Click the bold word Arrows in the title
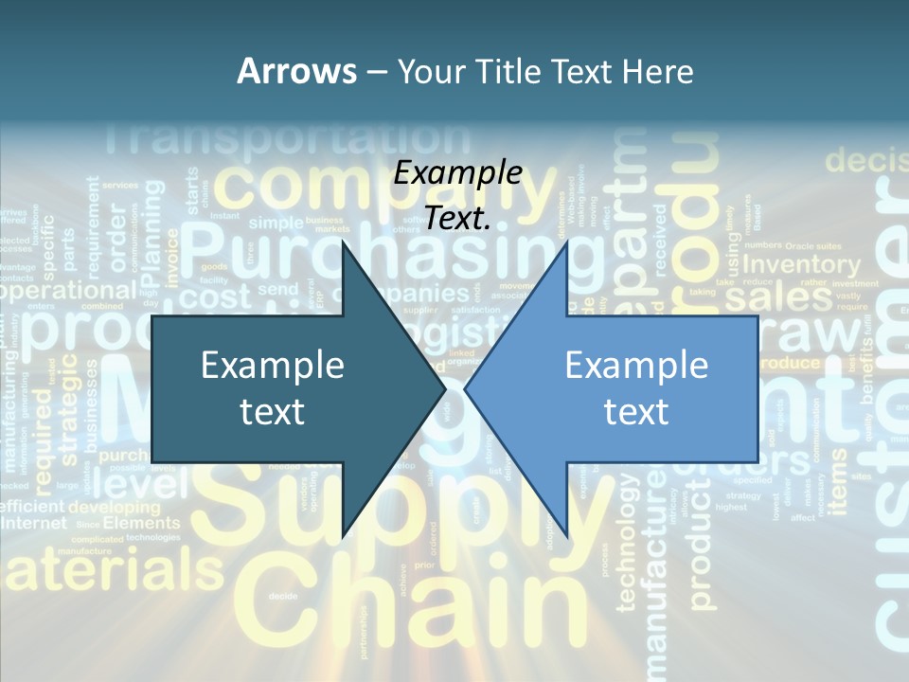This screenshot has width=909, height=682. [297, 71]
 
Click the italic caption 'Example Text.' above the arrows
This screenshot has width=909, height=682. [458, 195]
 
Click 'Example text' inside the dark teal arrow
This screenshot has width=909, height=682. [272, 387]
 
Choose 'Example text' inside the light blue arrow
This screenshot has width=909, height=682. [636, 387]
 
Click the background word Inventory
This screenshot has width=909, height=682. [802, 266]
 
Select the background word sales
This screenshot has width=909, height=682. [777, 297]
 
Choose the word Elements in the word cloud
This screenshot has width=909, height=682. [141, 523]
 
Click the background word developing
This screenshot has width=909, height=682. [115, 507]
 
